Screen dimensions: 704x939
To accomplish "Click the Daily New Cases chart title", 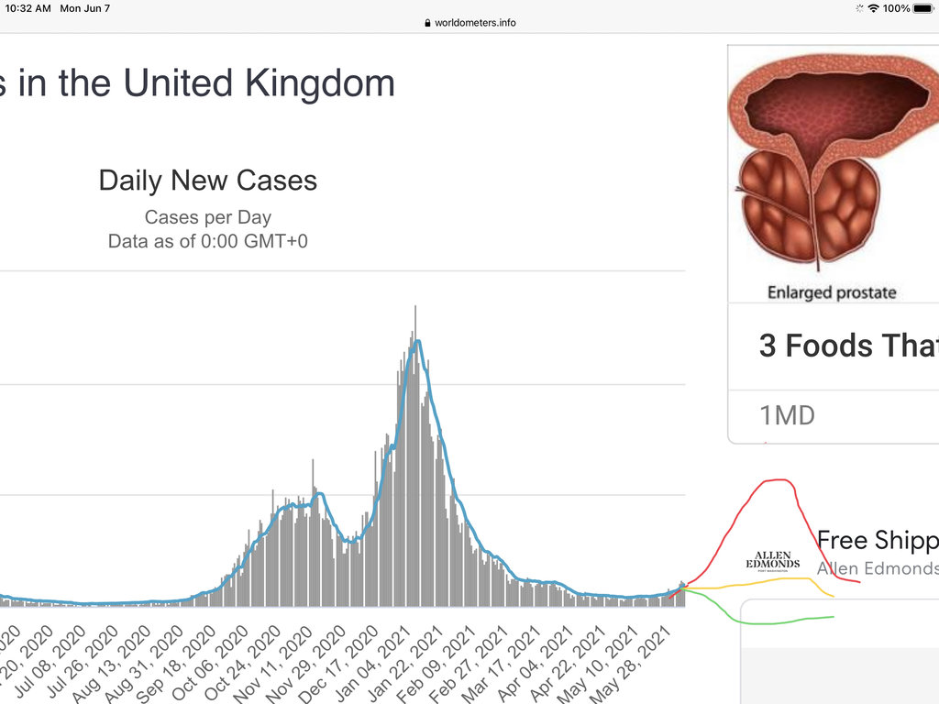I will [208, 181].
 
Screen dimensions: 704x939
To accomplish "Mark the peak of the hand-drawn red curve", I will [779, 479].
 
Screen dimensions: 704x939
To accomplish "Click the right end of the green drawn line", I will [833, 617].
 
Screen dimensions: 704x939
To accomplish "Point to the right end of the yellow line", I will [833, 597].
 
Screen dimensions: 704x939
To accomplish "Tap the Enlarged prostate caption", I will [832, 293].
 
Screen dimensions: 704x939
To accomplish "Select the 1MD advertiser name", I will [787, 415].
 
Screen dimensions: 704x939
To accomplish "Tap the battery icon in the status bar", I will [922, 8].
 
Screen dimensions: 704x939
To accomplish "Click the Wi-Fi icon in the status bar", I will [874, 8].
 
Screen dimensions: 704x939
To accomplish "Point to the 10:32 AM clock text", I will [28, 8].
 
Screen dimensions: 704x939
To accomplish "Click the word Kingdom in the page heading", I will [320, 83].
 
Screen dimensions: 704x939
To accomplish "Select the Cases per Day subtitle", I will [208, 218].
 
